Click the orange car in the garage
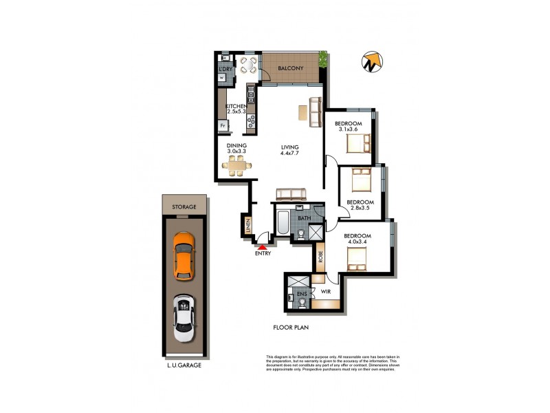(184, 255)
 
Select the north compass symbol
(371, 63)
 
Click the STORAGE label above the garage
(184, 206)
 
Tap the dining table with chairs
(236, 166)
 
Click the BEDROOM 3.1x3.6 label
(348, 126)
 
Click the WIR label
(327, 292)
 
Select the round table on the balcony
(247, 67)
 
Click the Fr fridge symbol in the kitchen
(223, 126)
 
